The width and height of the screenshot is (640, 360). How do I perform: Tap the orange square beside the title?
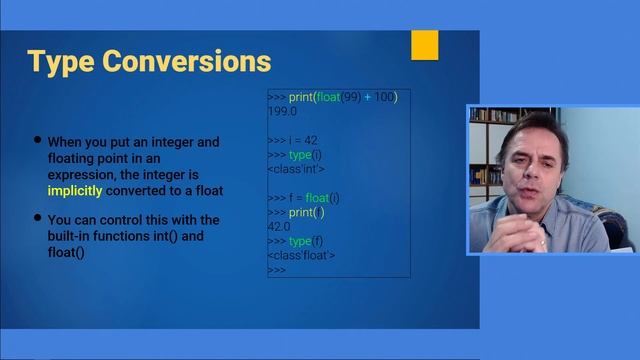(x=425, y=45)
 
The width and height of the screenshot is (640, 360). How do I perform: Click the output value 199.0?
(x=282, y=111)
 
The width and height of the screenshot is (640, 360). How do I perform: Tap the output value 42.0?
(x=279, y=227)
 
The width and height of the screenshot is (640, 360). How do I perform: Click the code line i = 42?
(x=301, y=140)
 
